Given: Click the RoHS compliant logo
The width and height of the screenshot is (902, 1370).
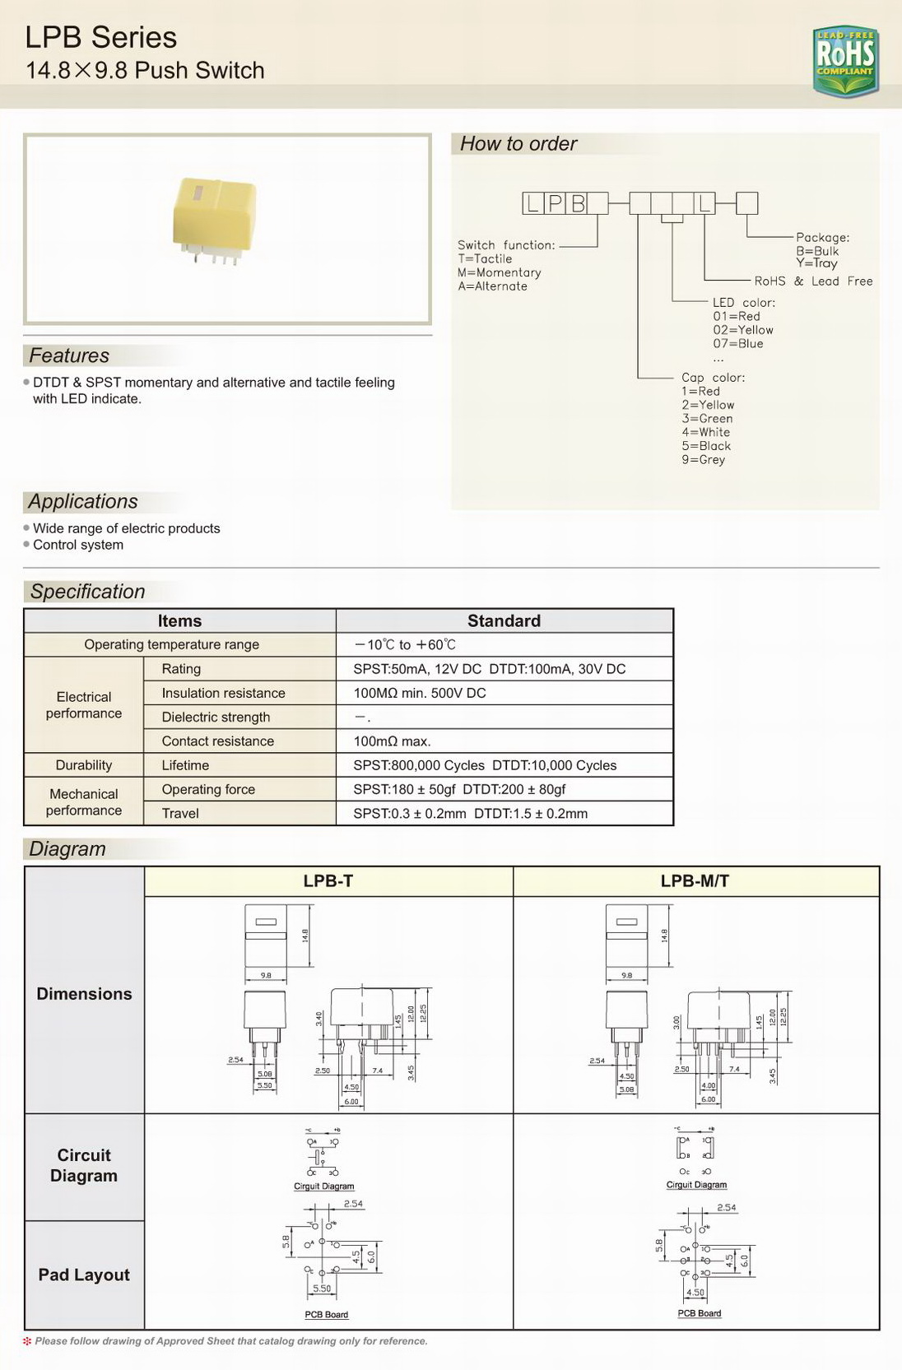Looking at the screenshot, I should (845, 60).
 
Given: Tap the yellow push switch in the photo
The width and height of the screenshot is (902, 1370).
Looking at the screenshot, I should (214, 218).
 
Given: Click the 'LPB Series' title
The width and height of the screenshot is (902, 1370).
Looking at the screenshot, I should (100, 38).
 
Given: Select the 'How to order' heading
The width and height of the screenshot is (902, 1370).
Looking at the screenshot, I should (518, 144).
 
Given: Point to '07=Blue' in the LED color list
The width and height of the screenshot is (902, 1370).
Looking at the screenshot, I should (738, 344).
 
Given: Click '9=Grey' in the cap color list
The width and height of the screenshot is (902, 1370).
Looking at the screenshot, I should (703, 460).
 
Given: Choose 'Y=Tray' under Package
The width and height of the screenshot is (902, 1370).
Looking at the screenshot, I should (816, 263).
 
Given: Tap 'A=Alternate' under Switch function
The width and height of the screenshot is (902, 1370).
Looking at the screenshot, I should (492, 286).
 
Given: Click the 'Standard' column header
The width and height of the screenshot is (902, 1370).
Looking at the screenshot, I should (504, 621).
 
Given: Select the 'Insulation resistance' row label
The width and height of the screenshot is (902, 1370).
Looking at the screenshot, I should (223, 693).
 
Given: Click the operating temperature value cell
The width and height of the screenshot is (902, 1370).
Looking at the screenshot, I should (405, 645).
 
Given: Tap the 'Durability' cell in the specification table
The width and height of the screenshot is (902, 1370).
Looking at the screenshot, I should (84, 765).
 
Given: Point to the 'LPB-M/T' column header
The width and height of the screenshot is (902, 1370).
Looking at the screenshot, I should (695, 881).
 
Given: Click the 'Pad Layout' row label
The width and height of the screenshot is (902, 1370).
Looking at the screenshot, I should (84, 1275).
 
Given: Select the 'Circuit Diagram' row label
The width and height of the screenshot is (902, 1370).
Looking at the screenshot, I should (84, 1165).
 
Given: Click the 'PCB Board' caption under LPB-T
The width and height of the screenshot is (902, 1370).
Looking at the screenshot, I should (326, 1315).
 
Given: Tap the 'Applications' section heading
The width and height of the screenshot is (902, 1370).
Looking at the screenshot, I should (83, 502).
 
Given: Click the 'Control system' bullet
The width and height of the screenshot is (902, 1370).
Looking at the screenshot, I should (78, 545).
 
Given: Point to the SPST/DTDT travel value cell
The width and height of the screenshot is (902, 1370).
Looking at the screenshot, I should (470, 814).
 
